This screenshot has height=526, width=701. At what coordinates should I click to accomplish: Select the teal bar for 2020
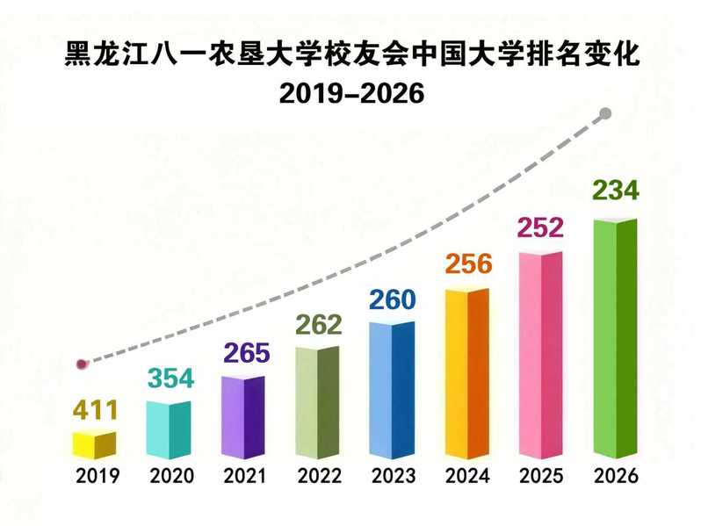[168, 429]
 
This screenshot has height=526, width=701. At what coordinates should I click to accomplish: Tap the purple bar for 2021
[242, 416]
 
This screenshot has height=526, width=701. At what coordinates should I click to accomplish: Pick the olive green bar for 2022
[317, 402]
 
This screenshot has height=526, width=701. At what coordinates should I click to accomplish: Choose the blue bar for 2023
[392, 390]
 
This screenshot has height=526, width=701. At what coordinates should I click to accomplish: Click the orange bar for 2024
[466, 373]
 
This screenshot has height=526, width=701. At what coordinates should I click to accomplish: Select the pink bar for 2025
[541, 355]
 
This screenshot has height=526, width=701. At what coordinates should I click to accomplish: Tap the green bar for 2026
[616, 338]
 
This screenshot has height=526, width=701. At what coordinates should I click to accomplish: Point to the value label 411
[93, 409]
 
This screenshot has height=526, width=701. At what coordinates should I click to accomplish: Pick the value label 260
[392, 299]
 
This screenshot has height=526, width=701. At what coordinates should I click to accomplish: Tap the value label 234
[616, 191]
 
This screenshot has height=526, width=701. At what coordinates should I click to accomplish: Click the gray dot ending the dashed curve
[605, 113]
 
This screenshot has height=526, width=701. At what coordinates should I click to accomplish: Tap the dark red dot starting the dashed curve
[82, 363]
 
